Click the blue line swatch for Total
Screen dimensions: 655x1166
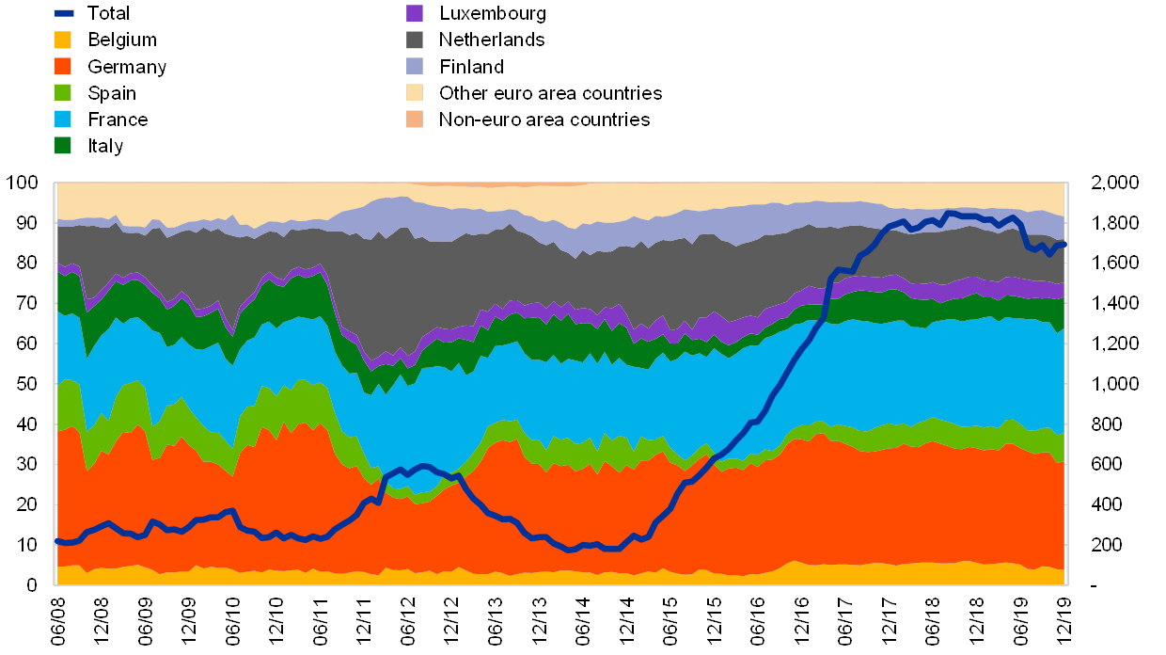pyautogui.click(x=63, y=13)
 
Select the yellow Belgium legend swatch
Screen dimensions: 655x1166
pyautogui.click(x=63, y=40)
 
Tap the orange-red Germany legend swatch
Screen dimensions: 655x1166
pyautogui.click(x=63, y=66)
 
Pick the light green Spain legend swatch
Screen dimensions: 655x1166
pyautogui.click(x=63, y=92)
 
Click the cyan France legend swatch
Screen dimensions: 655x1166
pyautogui.click(x=63, y=119)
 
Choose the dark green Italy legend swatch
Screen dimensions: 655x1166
pyautogui.click(x=63, y=145)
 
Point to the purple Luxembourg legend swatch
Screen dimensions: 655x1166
pyautogui.click(x=415, y=13)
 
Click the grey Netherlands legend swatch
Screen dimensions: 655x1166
pyautogui.click(x=415, y=40)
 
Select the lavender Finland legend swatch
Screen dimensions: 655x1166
pyautogui.click(x=415, y=66)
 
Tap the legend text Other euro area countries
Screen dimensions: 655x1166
pyautogui.click(x=550, y=93)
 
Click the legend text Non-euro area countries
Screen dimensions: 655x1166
pyautogui.click(x=544, y=120)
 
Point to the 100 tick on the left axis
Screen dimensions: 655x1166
pyautogui.click(x=23, y=183)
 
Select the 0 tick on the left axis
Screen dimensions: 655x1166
pyautogui.click(x=33, y=585)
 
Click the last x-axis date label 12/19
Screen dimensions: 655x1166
pyautogui.click(x=1064, y=620)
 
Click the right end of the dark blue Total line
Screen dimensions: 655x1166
pyautogui.click(x=1064, y=245)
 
